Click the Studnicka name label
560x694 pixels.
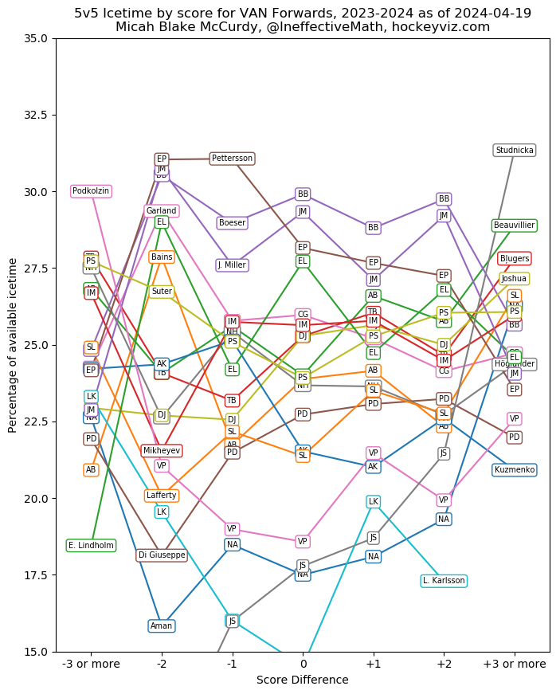tap(515, 151)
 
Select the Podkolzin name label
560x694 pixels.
tap(91, 191)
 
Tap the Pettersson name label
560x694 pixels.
tap(232, 159)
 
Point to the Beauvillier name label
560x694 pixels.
tap(515, 225)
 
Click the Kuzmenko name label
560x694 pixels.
tap(515, 470)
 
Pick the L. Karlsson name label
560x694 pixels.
tap(444, 581)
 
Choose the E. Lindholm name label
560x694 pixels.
tap(91, 546)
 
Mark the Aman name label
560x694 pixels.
tap(162, 626)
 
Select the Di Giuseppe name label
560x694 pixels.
tap(162, 555)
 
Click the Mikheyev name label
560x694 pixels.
tap(162, 451)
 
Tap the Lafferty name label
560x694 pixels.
tap(162, 496)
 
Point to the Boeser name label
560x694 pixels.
tap(232, 223)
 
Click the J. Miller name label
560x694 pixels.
tap(232, 265)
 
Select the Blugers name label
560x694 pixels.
tap(515, 259)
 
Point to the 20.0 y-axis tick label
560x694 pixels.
tap(37, 499)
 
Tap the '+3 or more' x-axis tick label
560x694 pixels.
tap(515, 664)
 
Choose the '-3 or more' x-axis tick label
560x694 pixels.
tap(91, 664)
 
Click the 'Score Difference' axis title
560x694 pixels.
tap(303, 680)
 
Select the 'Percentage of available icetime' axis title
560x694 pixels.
tap(13, 345)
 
